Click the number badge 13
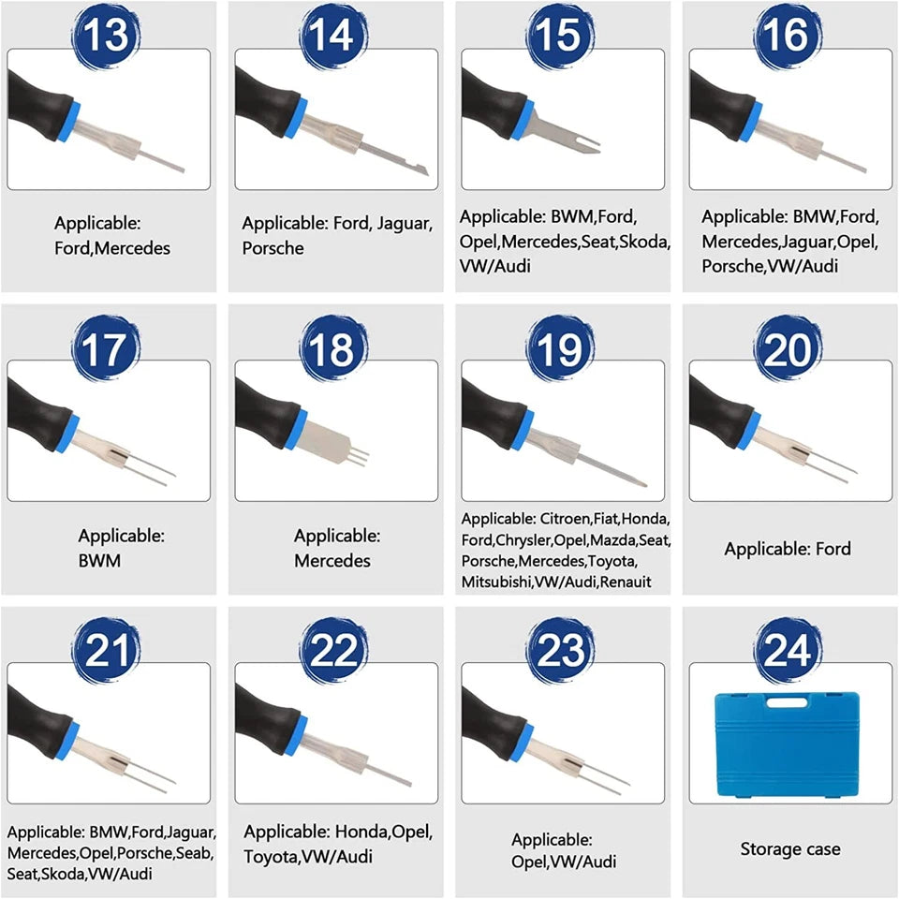106,36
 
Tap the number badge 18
333,348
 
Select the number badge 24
788,650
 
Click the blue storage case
788,744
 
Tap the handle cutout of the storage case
788,703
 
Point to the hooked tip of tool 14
421,169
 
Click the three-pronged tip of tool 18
360,456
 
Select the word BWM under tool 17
100,560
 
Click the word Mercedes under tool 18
332,560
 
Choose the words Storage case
790,848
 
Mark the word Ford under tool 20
833,549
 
